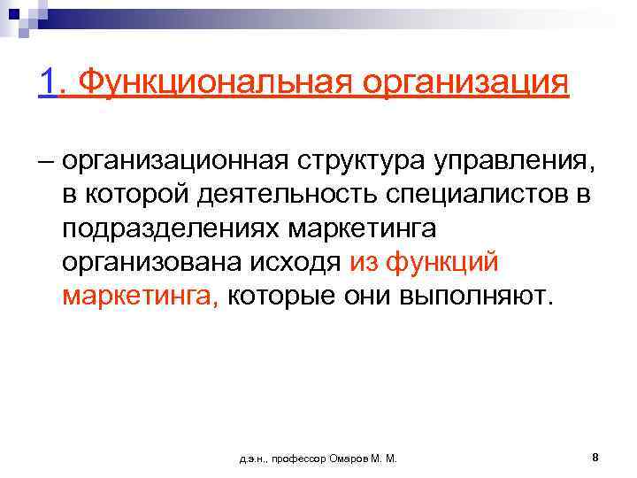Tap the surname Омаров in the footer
[x=346, y=459]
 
